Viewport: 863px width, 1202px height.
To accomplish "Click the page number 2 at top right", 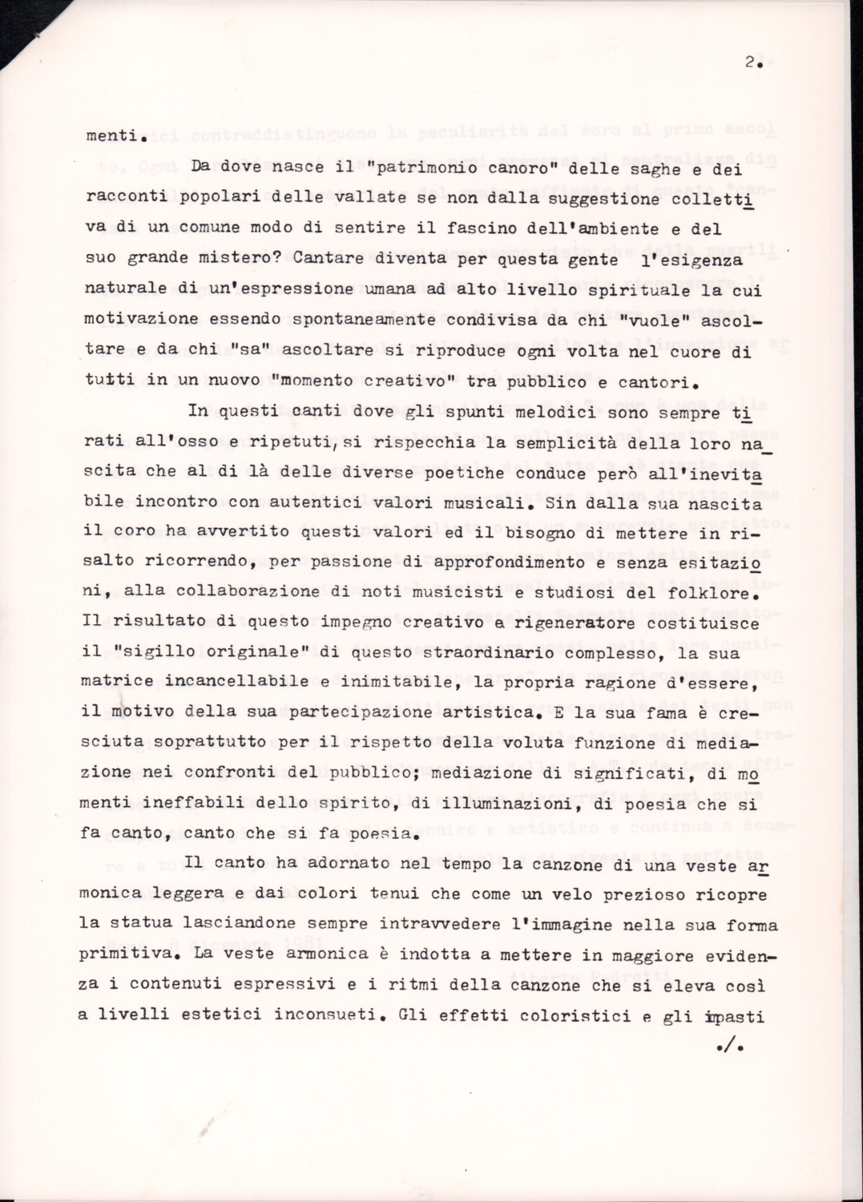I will [750, 66].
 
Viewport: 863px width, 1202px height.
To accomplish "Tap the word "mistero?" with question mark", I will [241, 258].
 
